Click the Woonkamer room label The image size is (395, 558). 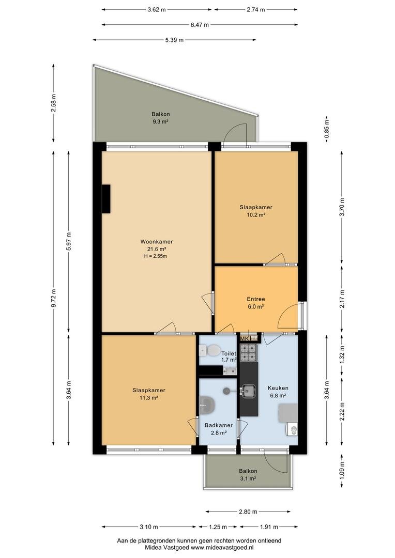pyautogui.click(x=156, y=242)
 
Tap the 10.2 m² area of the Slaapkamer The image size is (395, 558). pyautogui.click(x=256, y=214)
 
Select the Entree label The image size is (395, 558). pyautogui.click(x=256, y=299)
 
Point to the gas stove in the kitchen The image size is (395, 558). pyautogui.click(x=249, y=352)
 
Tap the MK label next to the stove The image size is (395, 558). pyautogui.click(x=245, y=338)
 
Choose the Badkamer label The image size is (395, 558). pyautogui.click(x=219, y=425)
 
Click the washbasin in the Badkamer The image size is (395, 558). pyautogui.click(x=207, y=406)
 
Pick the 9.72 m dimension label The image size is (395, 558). pyautogui.click(x=54, y=299)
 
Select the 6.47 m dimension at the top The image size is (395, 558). pyautogui.click(x=200, y=25)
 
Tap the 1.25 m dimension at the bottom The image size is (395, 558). pyautogui.click(x=218, y=526)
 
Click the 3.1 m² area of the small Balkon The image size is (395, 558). pyautogui.click(x=248, y=478)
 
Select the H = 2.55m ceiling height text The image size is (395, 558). pyautogui.click(x=156, y=256)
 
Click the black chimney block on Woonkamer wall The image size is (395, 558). pyautogui.click(x=106, y=199)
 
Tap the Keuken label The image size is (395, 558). pyautogui.click(x=278, y=388)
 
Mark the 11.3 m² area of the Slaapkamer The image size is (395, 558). pyautogui.click(x=149, y=398)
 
